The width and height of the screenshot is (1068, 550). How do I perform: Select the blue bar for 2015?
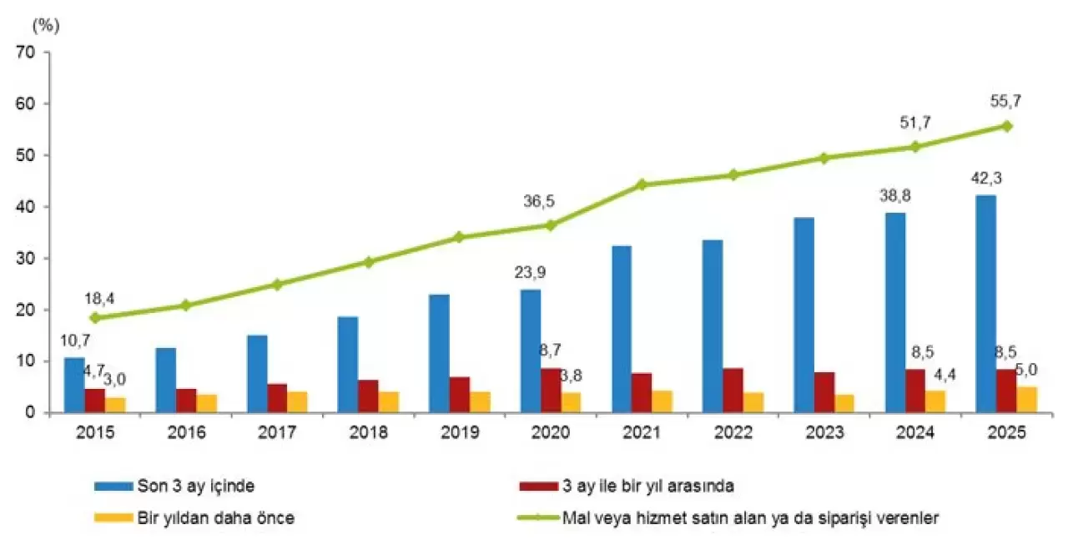74,385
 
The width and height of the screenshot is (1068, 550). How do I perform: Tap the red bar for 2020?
551,391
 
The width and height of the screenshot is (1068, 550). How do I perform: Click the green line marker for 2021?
642,184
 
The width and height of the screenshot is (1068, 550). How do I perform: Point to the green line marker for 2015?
94,318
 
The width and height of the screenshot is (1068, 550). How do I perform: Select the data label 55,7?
1006,103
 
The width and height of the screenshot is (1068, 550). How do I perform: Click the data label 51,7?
915,123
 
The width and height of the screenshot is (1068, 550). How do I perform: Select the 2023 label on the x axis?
824,434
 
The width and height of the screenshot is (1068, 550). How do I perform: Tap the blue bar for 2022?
713,326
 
